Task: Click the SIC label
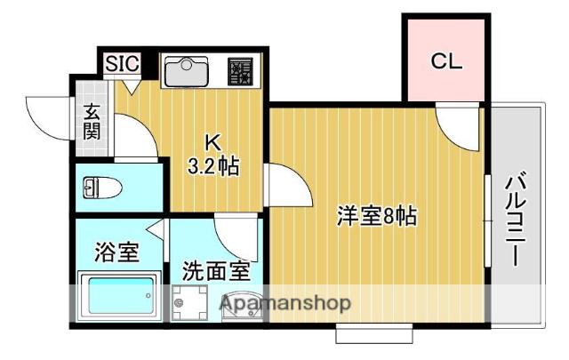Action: pos(123,64)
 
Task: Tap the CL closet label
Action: pos(446,61)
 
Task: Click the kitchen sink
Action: pos(187,71)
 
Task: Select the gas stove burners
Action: pos(240,71)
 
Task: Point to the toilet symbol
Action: pos(101,188)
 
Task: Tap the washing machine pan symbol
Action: pos(189,303)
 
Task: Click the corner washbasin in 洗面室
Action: pos(242,307)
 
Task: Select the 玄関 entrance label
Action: pos(92,122)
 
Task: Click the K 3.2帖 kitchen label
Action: pos(213,155)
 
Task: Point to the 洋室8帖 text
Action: pos(377,216)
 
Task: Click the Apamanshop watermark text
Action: pos(285,303)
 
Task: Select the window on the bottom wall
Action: pos(374,333)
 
